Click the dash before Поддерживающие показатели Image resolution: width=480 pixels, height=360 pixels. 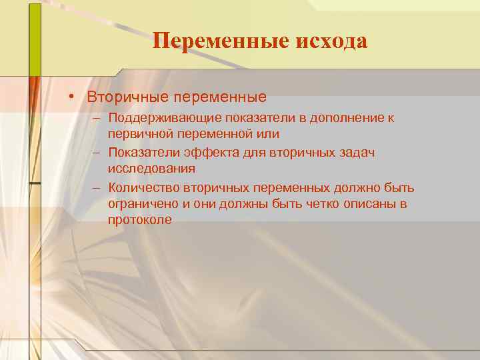97,118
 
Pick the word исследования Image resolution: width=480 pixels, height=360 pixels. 151,169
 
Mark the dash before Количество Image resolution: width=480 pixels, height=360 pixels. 97,187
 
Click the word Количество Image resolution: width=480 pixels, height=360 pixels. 141,187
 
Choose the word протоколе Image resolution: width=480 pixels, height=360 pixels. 140,219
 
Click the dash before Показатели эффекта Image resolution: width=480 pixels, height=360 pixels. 97,153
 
